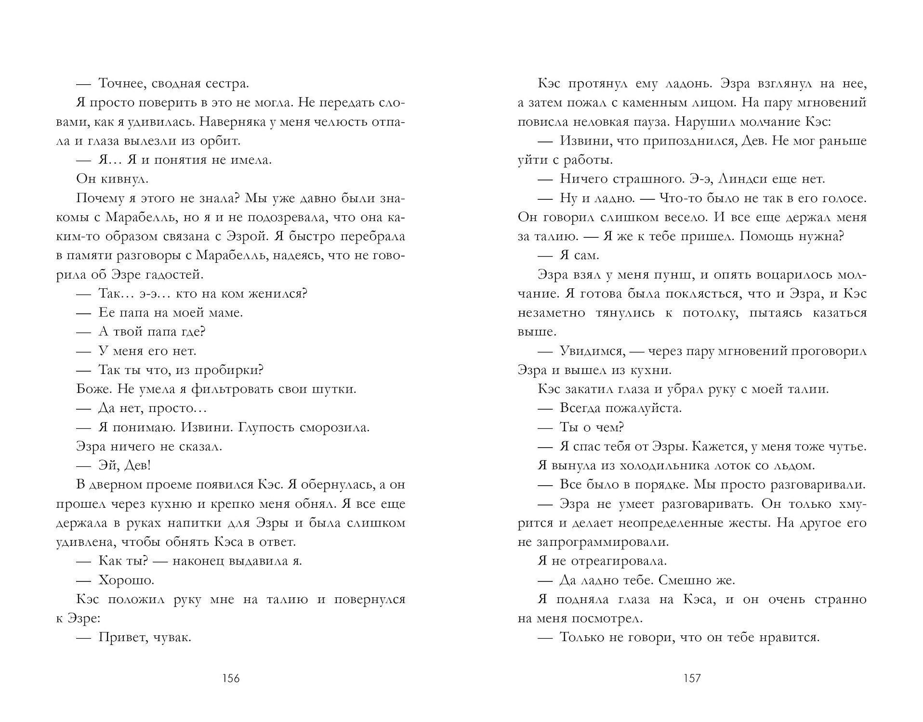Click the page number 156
click(x=230, y=678)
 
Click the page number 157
click(x=692, y=678)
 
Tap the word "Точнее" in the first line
click(x=122, y=83)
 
